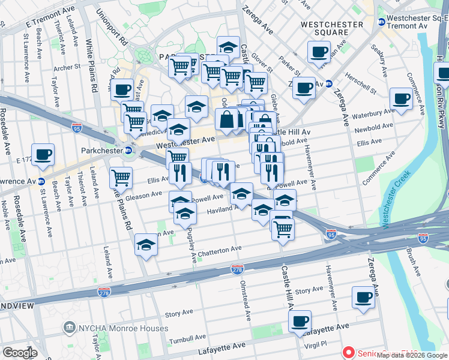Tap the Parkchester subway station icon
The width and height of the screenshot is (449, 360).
pos(128,150)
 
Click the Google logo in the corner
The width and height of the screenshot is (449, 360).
pos(20,352)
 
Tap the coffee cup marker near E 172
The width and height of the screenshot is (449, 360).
pos(43,155)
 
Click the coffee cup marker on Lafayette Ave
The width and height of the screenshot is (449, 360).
pos(300,321)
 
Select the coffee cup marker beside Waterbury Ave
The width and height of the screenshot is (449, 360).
pos(401,99)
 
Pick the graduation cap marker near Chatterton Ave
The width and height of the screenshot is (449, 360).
pos(146,245)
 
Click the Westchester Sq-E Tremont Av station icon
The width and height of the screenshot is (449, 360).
pos(381,22)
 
